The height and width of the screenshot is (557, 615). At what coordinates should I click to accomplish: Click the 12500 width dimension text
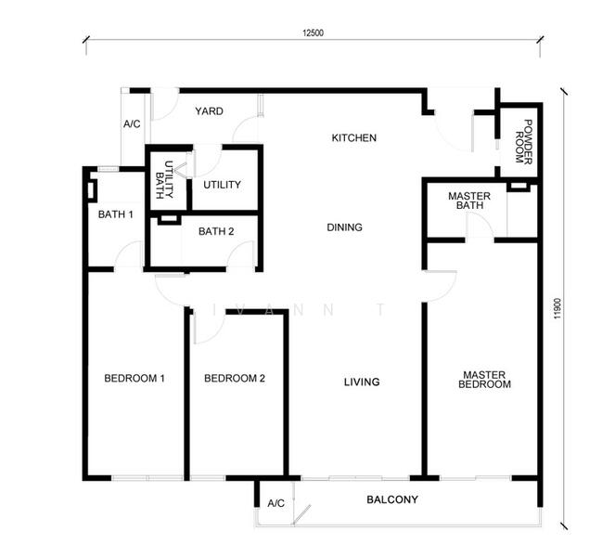click(x=313, y=33)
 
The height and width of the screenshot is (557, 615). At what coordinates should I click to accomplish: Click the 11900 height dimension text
click(x=558, y=309)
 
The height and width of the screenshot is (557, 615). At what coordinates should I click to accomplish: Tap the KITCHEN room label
click(x=353, y=137)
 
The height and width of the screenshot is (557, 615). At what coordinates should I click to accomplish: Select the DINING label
click(x=344, y=227)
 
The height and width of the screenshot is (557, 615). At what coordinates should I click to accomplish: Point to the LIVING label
click(x=362, y=382)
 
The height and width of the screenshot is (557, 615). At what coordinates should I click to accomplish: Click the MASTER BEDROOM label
click(x=484, y=380)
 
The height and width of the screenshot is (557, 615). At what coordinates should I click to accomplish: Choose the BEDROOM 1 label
click(x=135, y=379)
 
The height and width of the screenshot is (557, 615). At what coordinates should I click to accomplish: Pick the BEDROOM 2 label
click(x=235, y=379)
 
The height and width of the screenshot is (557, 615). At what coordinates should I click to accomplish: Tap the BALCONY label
click(x=392, y=499)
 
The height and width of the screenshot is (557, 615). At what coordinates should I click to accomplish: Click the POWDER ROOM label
click(x=523, y=142)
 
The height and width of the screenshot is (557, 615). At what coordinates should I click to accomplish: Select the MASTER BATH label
click(x=469, y=201)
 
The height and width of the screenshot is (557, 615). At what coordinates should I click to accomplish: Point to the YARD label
click(x=209, y=111)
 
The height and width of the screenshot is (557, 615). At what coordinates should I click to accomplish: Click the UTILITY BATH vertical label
click(x=164, y=180)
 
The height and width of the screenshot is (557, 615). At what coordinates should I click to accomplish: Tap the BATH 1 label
click(x=115, y=214)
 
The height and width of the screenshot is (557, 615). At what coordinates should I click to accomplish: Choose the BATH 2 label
click(x=216, y=231)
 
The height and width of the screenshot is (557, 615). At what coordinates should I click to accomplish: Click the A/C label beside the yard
click(x=132, y=124)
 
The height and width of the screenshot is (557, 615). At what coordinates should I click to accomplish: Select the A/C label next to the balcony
click(x=276, y=503)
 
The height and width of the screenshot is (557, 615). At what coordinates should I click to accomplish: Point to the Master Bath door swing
click(x=486, y=223)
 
